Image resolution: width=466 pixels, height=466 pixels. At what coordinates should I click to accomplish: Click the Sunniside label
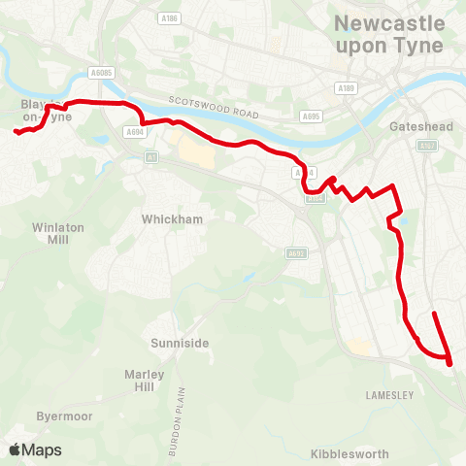(180, 343)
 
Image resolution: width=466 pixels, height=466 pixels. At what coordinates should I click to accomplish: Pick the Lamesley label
(390, 395)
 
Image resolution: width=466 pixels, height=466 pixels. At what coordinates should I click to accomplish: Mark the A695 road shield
(312, 116)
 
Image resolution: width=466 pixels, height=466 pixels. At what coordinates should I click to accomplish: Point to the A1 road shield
(150, 156)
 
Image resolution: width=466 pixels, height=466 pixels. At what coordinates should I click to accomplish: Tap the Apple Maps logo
(36, 449)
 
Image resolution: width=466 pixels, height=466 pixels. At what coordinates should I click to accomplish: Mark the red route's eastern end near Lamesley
(433, 314)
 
